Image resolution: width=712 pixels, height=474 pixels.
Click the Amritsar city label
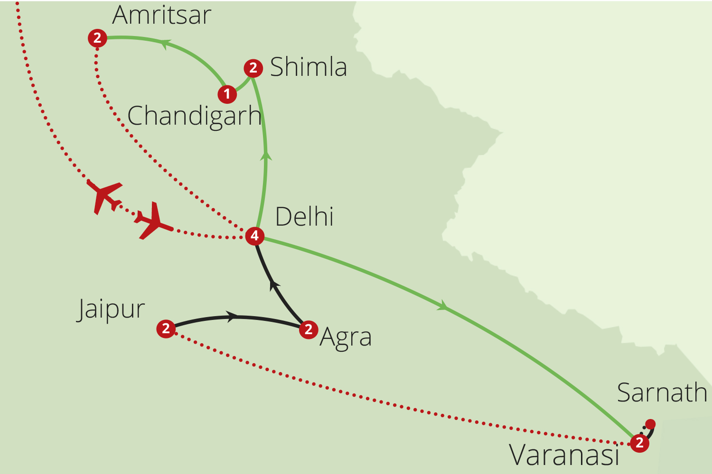tap(161, 15)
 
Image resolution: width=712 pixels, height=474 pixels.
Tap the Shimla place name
tap(308, 67)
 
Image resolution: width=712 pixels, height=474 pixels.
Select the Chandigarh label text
tap(194, 116)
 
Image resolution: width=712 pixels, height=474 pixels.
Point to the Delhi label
tap(304, 217)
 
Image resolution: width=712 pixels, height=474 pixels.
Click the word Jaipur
tap(111, 310)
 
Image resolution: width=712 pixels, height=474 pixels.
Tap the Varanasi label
tap(564, 455)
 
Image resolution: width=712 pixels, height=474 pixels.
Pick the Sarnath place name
tap(662, 392)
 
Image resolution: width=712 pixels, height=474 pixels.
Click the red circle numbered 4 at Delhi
tap(254, 236)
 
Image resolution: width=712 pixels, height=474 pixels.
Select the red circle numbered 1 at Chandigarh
tap(227, 94)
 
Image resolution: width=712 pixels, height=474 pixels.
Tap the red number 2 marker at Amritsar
tap(97, 37)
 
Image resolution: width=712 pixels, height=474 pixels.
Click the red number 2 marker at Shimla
tap(253, 68)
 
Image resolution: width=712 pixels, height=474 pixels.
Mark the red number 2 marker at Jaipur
tap(166, 328)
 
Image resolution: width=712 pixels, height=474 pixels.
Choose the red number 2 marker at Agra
tap(309, 329)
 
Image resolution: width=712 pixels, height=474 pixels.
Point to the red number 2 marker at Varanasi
tap(639, 443)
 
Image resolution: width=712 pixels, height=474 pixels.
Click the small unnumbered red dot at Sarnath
tap(650, 424)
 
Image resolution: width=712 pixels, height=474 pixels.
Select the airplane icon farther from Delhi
tap(104, 196)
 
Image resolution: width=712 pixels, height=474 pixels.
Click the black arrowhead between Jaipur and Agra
tap(233, 317)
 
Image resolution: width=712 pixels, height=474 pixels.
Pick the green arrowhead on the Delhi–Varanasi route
tap(442, 306)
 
